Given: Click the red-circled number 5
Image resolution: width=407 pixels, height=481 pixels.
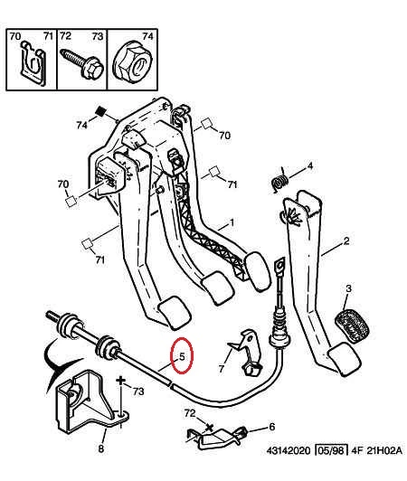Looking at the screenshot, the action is pyautogui.click(x=182, y=357).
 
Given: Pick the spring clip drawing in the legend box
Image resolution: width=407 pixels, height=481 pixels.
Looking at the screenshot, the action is pyautogui.click(x=33, y=62).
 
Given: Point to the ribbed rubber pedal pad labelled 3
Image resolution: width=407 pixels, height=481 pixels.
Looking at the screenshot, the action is pyautogui.click(x=352, y=325).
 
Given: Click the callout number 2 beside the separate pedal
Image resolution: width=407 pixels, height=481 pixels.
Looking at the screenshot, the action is pyautogui.click(x=345, y=240).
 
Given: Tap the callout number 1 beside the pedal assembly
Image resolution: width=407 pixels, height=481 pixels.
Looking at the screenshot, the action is pyautogui.click(x=232, y=222).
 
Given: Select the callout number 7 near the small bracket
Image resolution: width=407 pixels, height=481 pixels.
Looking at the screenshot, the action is pyautogui.click(x=222, y=368).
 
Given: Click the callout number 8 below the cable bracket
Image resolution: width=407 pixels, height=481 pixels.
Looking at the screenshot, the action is pyautogui.click(x=101, y=448).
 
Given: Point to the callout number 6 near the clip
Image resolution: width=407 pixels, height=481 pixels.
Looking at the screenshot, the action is pyautogui.click(x=272, y=427).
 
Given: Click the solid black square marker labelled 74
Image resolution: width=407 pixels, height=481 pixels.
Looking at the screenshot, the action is pyautogui.click(x=100, y=111).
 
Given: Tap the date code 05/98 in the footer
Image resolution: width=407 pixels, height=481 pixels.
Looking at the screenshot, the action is pyautogui.click(x=332, y=451).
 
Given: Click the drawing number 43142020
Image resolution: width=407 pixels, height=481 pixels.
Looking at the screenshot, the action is pyautogui.click(x=289, y=451).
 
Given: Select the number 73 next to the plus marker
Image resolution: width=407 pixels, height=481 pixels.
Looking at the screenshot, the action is pyautogui.click(x=138, y=391).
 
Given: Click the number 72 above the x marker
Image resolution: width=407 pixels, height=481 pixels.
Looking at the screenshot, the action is pyautogui.click(x=190, y=413).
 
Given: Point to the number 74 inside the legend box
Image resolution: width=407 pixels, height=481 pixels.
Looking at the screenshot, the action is pyautogui.click(x=147, y=36).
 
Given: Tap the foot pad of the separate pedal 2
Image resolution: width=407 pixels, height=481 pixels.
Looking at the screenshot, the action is pyautogui.click(x=344, y=359).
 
